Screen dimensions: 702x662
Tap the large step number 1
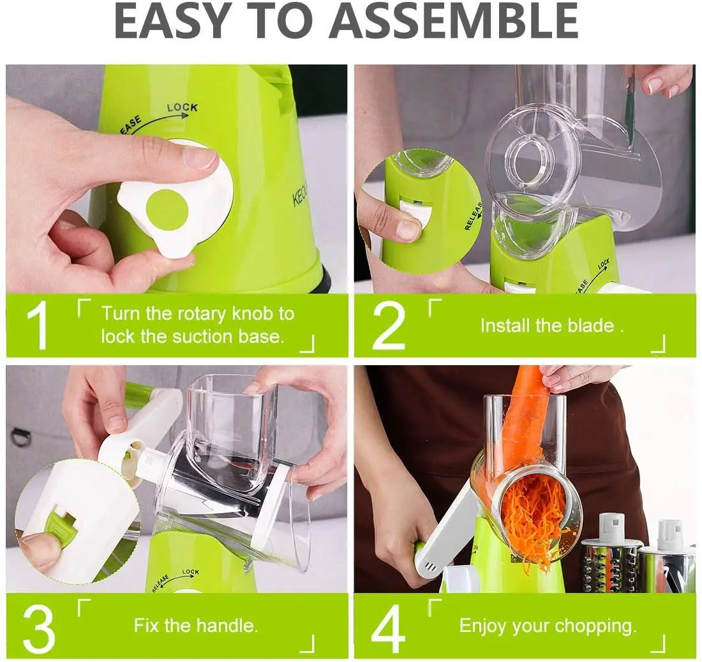38,326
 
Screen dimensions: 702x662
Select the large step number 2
388,326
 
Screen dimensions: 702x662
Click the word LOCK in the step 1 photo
183,107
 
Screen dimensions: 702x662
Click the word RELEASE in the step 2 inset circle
474,216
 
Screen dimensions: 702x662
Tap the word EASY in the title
171,21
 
